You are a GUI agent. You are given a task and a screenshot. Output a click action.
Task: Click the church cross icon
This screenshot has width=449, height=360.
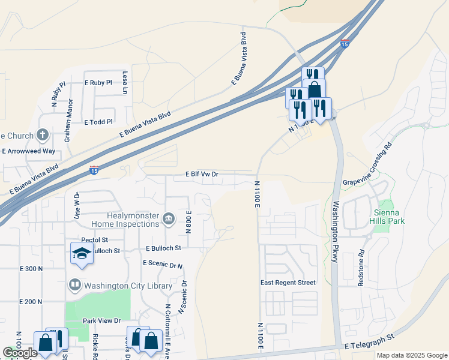tap(43, 134)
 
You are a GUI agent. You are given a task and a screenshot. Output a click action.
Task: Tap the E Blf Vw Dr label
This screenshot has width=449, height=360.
tap(201, 174)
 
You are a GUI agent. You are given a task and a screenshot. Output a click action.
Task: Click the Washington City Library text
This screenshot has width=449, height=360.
tap(128, 286)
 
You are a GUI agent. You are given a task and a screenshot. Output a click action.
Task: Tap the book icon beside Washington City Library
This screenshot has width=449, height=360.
tap(75, 284)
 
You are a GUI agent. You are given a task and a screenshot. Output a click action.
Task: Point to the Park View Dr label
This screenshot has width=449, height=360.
tap(102, 321)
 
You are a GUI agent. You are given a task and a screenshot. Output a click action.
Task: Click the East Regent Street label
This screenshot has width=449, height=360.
tap(288, 283)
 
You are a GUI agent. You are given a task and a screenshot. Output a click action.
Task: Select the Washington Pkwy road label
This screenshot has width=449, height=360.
tap(334, 231)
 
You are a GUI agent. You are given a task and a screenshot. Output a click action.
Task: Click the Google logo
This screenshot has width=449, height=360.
tap(20, 353)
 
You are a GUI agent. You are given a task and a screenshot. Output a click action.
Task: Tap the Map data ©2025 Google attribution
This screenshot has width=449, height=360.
tap(411, 355)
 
